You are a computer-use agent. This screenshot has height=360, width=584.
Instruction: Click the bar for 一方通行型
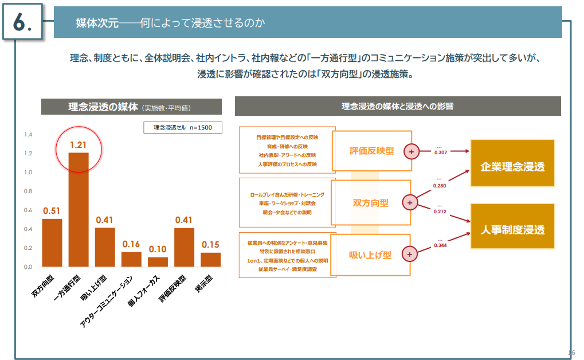tap(79, 210)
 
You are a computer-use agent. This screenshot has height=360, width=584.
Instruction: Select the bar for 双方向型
tap(52, 243)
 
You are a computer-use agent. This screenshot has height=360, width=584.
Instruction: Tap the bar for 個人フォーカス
tap(158, 262)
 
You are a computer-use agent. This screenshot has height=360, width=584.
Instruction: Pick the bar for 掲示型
tap(211, 260)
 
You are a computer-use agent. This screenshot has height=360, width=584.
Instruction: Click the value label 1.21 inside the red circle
tap(79, 144)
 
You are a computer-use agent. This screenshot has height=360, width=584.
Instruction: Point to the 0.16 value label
tap(131, 244)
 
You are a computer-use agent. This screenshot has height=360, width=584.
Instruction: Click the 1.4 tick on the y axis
tap(28, 135)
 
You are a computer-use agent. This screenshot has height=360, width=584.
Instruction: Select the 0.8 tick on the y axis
tap(28, 191)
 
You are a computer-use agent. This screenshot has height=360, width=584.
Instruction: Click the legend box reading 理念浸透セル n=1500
tap(182, 128)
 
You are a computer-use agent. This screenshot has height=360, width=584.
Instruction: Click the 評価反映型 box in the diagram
tap(372, 151)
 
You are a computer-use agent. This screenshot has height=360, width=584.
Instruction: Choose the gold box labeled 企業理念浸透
tap(512, 167)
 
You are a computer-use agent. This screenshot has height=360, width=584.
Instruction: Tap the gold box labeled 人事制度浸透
tap(512, 230)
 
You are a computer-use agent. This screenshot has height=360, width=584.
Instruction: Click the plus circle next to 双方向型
tap(410, 202)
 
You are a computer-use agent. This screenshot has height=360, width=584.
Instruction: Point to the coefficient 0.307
tap(441, 152)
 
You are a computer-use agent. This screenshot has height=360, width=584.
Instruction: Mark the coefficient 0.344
tap(441, 245)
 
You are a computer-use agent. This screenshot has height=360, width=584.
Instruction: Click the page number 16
tap(571, 352)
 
